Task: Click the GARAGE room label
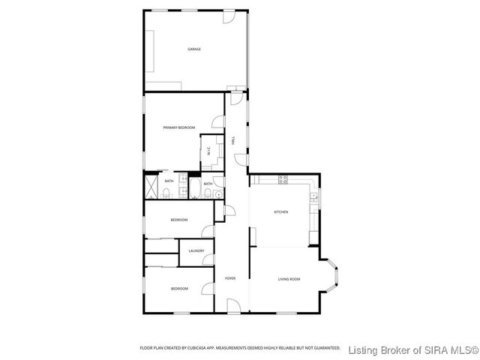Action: click(194, 49)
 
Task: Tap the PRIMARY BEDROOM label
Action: click(179, 128)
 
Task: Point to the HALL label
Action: click(234, 140)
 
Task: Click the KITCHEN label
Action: click(280, 212)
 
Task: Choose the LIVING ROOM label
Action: click(289, 279)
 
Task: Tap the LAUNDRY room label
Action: click(196, 250)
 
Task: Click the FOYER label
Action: click(230, 279)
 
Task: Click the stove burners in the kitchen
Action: click(283, 178)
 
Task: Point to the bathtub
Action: click(193, 188)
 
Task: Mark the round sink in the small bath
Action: click(217, 194)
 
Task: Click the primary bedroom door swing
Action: click(219, 122)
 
